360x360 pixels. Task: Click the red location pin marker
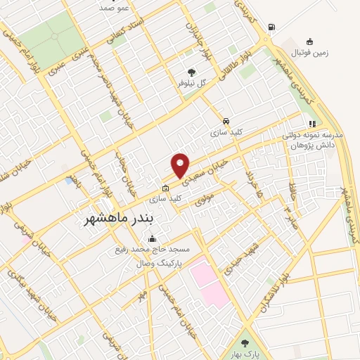tap(181, 166)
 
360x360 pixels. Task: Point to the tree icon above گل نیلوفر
tap(190, 72)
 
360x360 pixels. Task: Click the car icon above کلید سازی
tap(225, 120)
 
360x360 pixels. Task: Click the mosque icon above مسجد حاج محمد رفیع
tap(153, 238)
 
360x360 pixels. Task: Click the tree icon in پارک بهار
tap(245, 343)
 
